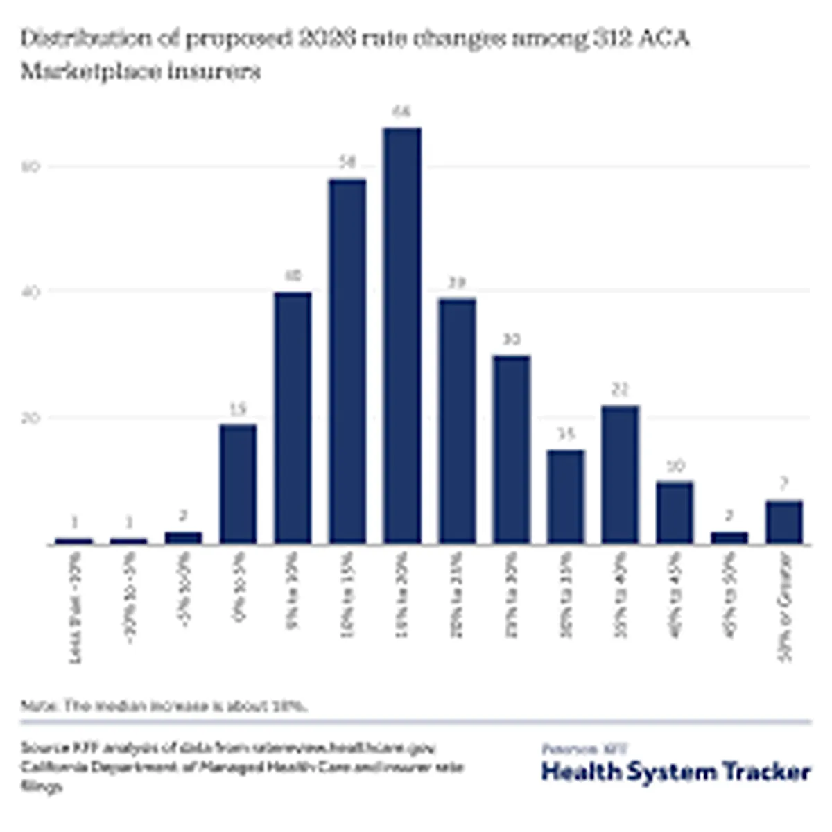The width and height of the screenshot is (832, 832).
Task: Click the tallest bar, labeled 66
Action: pos(402,336)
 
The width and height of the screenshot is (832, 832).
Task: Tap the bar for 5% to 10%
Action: pos(293,417)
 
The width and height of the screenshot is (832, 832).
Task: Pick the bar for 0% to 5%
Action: pos(238,483)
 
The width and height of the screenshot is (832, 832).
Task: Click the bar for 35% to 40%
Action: pos(621,474)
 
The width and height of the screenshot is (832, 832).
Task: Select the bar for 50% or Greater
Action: pos(784,521)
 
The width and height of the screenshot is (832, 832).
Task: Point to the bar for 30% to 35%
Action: pos(566,496)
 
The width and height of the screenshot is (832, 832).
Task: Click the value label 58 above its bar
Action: pos(347,163)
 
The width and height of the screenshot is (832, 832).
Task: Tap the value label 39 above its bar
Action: pos(457,283)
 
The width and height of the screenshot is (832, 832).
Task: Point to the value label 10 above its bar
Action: pos(675,466)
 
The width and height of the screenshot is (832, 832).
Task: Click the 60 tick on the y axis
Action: pos(34,166)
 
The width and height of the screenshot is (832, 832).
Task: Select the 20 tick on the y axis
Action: pos(34,418)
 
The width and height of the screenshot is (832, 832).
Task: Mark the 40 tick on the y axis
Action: pos(34,292)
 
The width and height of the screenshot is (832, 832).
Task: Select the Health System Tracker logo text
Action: pos(675,772)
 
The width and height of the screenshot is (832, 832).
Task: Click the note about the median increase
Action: pos(164,706)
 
